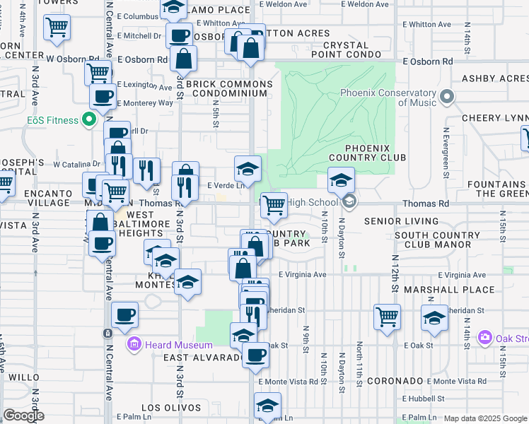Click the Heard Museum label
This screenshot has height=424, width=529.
[x=179, y=345]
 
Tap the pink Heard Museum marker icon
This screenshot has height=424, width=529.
[x=134, y=345]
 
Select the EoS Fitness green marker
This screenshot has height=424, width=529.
[x=90, y=120]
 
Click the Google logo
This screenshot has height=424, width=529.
[x=23, y=416]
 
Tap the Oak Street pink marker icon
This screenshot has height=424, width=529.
[x=485, y=337]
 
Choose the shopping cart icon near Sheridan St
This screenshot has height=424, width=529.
[x=387, y=317]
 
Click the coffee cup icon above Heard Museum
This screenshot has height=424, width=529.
[x=124, y=315]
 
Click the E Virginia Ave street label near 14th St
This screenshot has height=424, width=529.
[x=460, y=275]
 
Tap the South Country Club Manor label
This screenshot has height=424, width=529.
[x=433, y=240]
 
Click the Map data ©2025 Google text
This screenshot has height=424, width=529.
[x=485, y=418]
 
